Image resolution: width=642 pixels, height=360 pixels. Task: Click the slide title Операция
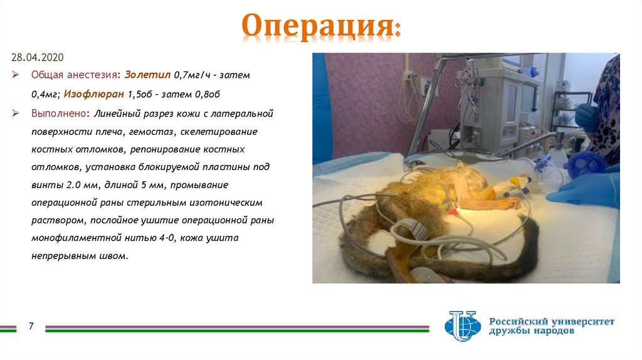pos(320,27)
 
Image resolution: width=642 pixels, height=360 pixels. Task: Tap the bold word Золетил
pos(147,75)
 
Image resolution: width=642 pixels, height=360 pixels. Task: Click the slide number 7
pos(29,327)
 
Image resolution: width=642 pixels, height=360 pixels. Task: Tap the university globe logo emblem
pos(461,326)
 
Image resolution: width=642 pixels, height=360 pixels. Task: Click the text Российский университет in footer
pos(552,321)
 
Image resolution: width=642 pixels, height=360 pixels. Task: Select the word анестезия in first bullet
pos(94,75)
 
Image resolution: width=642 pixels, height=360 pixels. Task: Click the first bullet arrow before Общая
pos(17,75)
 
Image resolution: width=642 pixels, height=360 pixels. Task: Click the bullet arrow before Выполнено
pos(17,114)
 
